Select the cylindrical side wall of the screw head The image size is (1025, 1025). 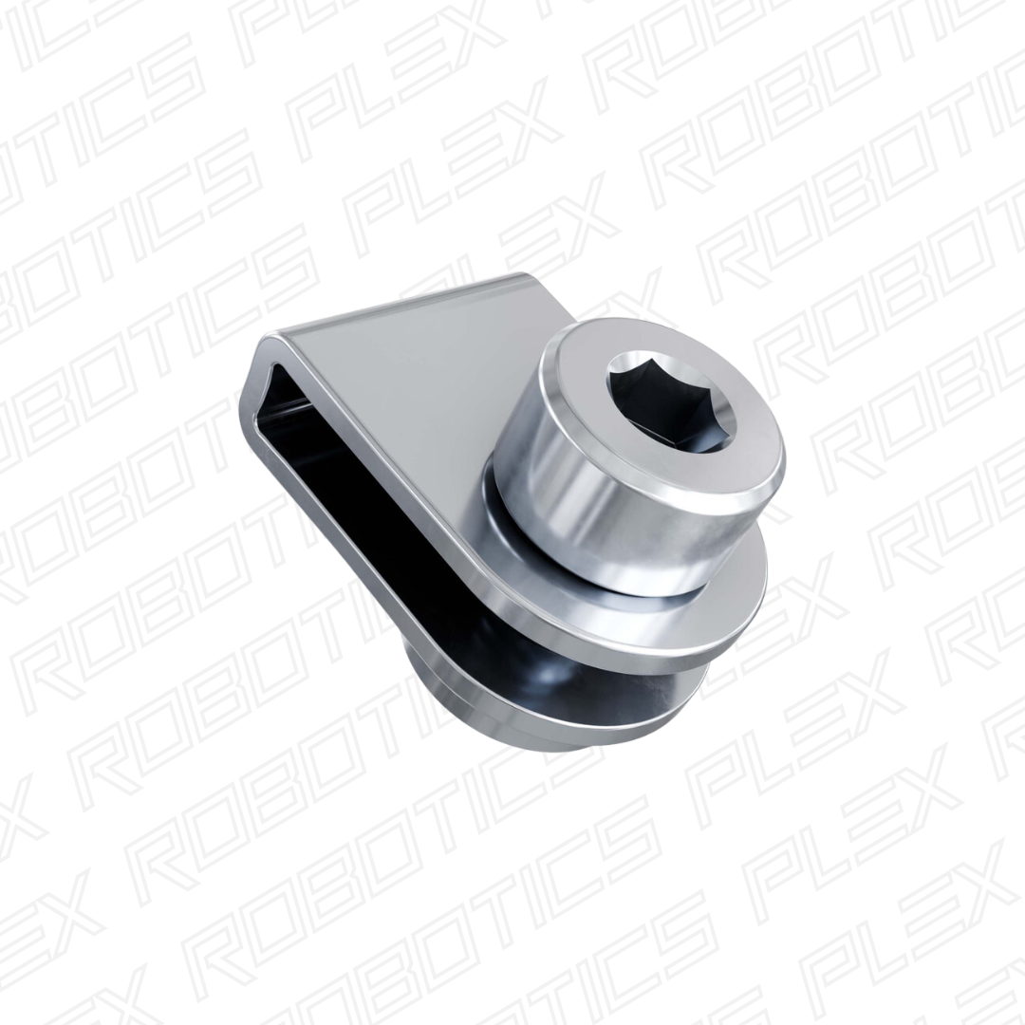588,503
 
